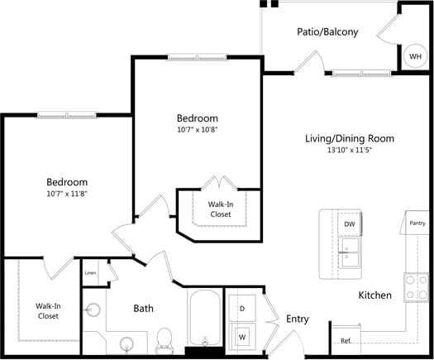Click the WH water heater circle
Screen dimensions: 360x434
(x=413, y=56)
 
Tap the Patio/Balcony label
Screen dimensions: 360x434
(x=327, y=32)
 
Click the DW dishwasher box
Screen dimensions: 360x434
(x=350, y=223)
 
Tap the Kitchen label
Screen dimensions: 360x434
(x=374, y=295)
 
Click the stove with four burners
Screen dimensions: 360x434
(x=417, y=286)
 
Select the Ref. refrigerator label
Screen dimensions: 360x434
(x=346, y=340)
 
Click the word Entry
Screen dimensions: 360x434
(x=297, y=319)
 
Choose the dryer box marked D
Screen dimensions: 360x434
(x=242, y=308)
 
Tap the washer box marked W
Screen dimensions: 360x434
(x=242, y=337)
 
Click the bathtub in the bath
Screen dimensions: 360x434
(x=204, y=319)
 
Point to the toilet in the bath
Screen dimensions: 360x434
(x=164, y=338)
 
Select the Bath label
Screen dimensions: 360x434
(x=143, y=309)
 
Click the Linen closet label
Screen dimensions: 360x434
(x=91, y=273)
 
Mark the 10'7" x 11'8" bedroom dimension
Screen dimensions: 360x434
(x=66, y=194)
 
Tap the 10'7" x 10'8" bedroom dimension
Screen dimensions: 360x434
(x=198, y=130)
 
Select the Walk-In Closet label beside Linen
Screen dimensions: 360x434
(x=46, y=310)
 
